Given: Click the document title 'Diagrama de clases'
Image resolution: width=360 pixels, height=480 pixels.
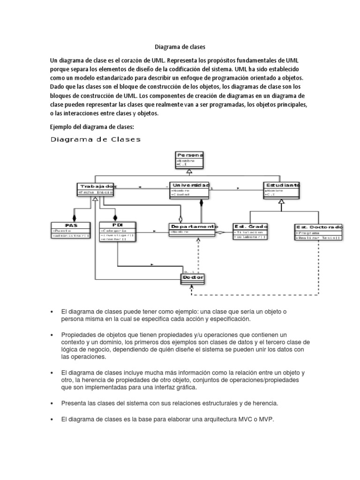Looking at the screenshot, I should [180, 47].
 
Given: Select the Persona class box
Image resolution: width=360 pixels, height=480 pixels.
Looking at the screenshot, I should [190, 159].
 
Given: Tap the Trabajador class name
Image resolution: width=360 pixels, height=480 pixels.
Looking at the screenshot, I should [95, 186].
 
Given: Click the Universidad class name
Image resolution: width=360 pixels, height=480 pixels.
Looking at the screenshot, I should [189, 185].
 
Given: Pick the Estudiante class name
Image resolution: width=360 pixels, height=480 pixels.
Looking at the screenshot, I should [282, 185].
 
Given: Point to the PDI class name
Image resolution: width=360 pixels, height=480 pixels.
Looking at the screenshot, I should [117, 225].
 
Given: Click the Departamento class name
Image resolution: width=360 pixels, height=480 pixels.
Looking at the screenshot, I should [193, 226].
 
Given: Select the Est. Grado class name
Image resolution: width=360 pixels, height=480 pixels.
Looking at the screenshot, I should [250, 226].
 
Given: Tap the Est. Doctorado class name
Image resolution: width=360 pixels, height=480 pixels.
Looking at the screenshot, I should [319, 227].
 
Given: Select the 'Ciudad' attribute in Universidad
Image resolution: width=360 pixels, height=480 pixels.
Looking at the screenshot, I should [181, 195].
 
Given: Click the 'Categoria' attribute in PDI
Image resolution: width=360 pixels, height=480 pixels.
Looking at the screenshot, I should [114, 231].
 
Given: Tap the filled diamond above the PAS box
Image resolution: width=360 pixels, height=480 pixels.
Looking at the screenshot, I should [73, 217].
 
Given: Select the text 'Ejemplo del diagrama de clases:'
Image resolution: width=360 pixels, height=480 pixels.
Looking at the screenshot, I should [92, 127].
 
